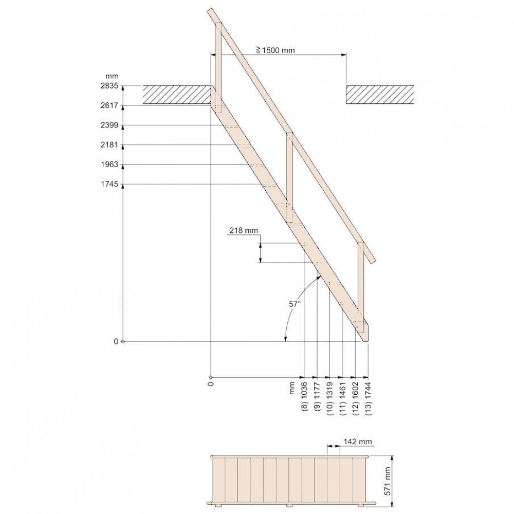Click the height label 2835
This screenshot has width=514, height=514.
pos(109,86)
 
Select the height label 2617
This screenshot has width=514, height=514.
pos(109,105)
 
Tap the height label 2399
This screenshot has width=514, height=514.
pos(109,125)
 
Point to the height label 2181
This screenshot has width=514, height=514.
pos(109,145)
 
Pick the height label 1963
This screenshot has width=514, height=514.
pos(109,164)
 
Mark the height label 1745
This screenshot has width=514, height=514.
pos(109,184)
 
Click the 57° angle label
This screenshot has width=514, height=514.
pos(295,304)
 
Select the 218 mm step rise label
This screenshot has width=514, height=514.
pos(244,230)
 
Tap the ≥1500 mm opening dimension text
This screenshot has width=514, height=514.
pos(276,50)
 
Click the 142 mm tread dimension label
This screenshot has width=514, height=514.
pos(358,442)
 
